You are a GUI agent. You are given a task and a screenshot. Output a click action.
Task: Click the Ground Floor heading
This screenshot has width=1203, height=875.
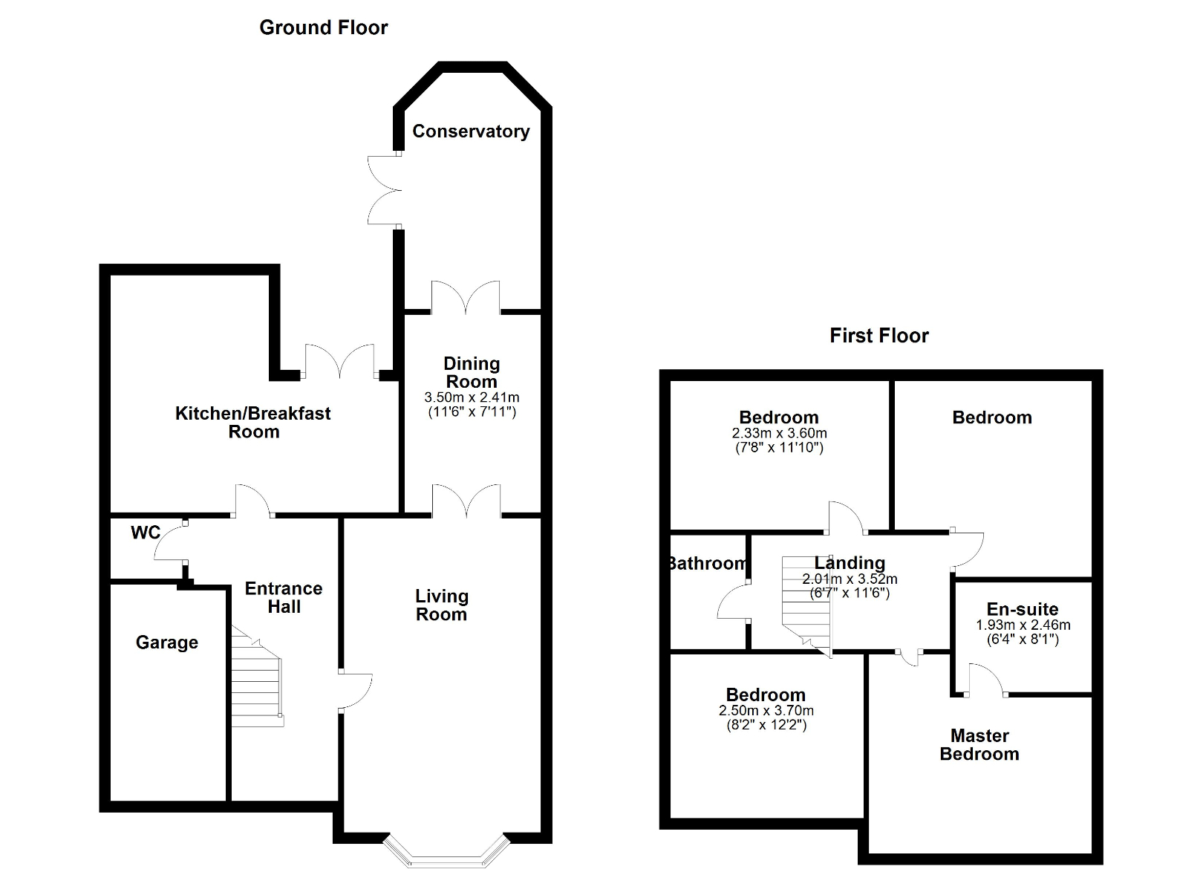pyautogui.click(x=323, y=28)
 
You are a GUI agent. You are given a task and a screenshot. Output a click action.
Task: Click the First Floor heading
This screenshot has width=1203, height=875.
pyautogui.click(x=878, y=336)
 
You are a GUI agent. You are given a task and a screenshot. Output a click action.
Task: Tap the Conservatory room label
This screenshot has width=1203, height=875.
pyautogui.click(x=471, y=131)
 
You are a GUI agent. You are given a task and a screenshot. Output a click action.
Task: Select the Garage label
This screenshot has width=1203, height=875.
pyautogui.click(x=167, y=643)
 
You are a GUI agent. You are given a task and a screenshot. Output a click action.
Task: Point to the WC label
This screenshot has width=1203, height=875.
pyautogui.click(x=146, y=533)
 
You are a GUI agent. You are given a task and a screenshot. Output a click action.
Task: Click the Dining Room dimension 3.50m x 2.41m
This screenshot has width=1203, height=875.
pyautogui.click(x=472, y=397)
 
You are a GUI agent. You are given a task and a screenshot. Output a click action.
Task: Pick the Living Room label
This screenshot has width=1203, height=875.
pyautogui.click(x=441, y=605)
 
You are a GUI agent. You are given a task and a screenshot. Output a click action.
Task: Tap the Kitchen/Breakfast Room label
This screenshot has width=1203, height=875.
pyautogui.click(x=253, y=423)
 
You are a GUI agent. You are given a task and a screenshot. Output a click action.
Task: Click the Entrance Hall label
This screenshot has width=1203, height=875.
pyautogui.click(x=284, y=598)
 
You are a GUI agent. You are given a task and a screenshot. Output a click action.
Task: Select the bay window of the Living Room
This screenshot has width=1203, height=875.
pyautogui.click(x=446, y=851)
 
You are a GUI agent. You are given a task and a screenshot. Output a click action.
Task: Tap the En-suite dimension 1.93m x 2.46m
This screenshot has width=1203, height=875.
pyautogui.click(x=1023, y=625)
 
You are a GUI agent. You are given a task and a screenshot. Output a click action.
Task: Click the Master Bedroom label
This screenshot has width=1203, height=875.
pyautogui.click(x=979, y=745)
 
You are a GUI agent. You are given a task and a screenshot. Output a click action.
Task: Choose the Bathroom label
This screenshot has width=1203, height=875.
pyautogui.click(x=706, y=564)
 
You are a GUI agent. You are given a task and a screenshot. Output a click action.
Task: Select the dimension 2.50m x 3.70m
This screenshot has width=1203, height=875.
pyautogui.click(x=766, y=711)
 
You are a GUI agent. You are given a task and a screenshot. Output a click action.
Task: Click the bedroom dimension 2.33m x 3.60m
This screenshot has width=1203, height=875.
pyautogui.click(x=779, y=433)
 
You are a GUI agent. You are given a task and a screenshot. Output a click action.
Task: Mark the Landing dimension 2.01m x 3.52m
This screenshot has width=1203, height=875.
pyautogui.click(x=850, y=579)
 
